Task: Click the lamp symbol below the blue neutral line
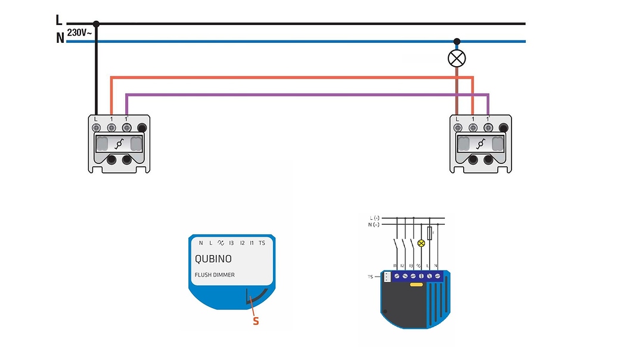[457, 58]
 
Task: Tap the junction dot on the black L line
[96, 24]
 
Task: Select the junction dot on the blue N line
[457, 42]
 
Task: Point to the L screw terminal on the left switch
[96, 127]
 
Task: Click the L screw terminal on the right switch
[457, 127]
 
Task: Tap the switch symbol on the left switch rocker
[119, 144]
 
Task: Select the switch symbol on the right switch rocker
[480, 144]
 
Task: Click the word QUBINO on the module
[213, 259]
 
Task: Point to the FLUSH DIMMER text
[215, 275]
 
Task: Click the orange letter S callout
[256, 321]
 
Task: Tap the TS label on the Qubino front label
[262, 243]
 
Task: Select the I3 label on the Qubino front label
[232, 243]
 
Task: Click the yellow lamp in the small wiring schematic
[421, 243]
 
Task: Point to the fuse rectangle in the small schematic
[430, 232]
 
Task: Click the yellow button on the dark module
[416, 285]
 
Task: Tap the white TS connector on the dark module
[387, 277]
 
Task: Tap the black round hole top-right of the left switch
[142, 127]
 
